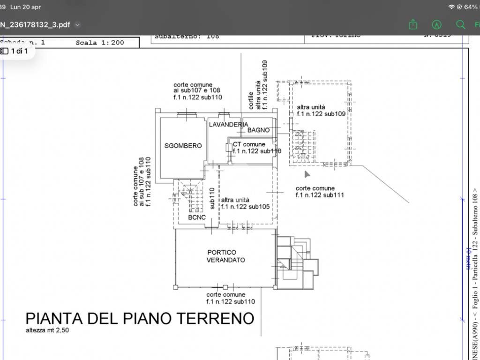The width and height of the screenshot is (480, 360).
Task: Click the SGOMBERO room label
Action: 183,146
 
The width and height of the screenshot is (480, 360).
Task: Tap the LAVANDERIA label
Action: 228,124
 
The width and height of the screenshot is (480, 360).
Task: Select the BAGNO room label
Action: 258,130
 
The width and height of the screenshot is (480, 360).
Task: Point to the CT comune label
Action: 249,144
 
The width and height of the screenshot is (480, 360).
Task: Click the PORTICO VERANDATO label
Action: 225,256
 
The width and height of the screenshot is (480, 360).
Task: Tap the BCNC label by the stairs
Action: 197,217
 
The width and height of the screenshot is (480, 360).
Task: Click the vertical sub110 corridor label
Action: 212,198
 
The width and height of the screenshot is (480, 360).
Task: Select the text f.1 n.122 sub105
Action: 245,206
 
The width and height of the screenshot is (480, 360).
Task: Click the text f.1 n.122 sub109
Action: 321,113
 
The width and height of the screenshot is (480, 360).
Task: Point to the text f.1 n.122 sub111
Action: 320,195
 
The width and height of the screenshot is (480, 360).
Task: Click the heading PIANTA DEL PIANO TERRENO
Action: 140,318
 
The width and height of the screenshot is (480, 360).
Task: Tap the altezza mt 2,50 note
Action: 49,330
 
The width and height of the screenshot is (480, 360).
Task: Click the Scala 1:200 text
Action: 100,43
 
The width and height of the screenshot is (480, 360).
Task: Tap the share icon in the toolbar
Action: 412,24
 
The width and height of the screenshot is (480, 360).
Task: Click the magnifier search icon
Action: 460,24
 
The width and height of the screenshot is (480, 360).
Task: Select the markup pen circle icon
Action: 437,24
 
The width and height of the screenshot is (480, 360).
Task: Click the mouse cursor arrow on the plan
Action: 307,174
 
